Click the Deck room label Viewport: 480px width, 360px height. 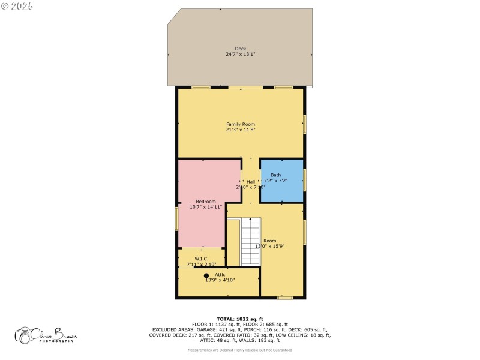[240, 49]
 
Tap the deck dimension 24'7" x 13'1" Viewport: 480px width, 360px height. [240, 54]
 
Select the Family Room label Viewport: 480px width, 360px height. [240, 124]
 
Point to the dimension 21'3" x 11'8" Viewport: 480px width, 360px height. [240, 130]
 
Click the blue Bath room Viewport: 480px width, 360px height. [281, 180]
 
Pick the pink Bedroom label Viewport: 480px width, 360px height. [205, 201]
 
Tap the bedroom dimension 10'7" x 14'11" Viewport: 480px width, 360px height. [205, 206]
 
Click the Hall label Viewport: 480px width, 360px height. [251, 181]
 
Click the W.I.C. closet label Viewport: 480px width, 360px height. [201, 259]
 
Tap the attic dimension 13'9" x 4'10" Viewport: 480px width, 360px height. [220, 280]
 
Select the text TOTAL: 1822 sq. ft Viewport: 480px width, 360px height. [240, 319]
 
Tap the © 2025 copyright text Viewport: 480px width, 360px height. [17, 6]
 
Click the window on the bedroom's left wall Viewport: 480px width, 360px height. [176, 218]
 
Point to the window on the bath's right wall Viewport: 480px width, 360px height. [305, 180]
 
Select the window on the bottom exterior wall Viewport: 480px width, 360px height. [285, 298]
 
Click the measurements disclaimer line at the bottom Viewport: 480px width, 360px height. [240, 349]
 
